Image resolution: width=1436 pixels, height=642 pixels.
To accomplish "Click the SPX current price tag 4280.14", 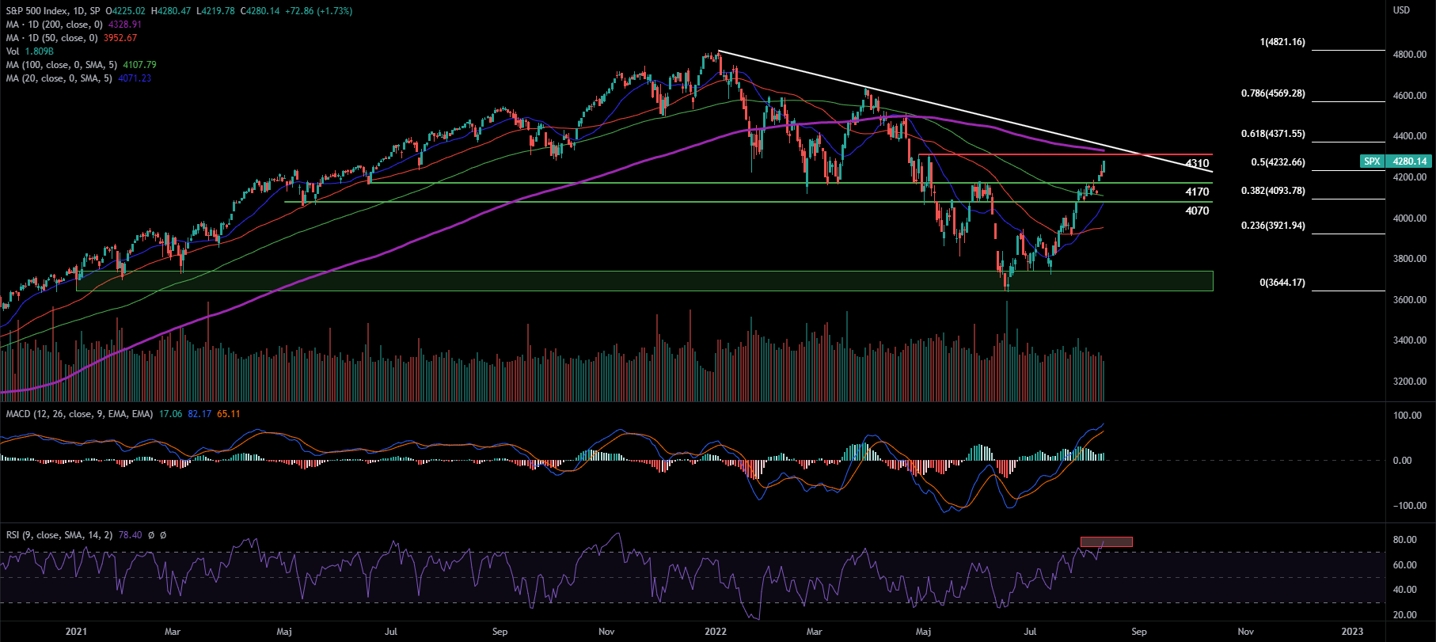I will (1410, 161).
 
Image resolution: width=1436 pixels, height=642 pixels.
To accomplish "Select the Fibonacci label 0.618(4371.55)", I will (1273, 135).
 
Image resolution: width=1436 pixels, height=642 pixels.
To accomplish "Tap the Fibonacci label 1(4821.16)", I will (1282, 42).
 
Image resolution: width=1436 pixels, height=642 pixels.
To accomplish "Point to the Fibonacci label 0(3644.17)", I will (1282, 283).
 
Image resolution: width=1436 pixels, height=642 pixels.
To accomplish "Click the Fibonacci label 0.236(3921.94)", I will (1273, 226).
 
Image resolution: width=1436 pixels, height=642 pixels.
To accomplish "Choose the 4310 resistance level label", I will (1197, 164).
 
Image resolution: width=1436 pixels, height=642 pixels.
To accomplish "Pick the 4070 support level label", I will (1197, 211).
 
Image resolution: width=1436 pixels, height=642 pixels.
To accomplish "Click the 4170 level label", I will (1197, 192).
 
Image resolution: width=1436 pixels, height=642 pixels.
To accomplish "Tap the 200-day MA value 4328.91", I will (125, 25).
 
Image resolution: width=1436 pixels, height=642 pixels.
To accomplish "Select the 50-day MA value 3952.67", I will (120, 38).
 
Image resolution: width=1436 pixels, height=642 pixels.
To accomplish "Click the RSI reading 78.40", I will (130, 535).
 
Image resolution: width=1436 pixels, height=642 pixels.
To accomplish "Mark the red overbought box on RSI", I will (1106, 542).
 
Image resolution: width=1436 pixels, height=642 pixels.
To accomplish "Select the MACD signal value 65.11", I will (228, 414).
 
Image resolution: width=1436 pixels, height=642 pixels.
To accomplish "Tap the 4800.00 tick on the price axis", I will (1410, 55).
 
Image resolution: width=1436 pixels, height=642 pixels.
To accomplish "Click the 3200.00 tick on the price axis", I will (1410, 382).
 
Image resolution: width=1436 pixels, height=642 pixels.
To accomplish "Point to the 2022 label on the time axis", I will (716, 632).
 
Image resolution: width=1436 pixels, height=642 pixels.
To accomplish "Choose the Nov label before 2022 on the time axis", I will (606, 632).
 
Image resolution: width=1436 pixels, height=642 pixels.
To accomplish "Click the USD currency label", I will (1401, 10).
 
